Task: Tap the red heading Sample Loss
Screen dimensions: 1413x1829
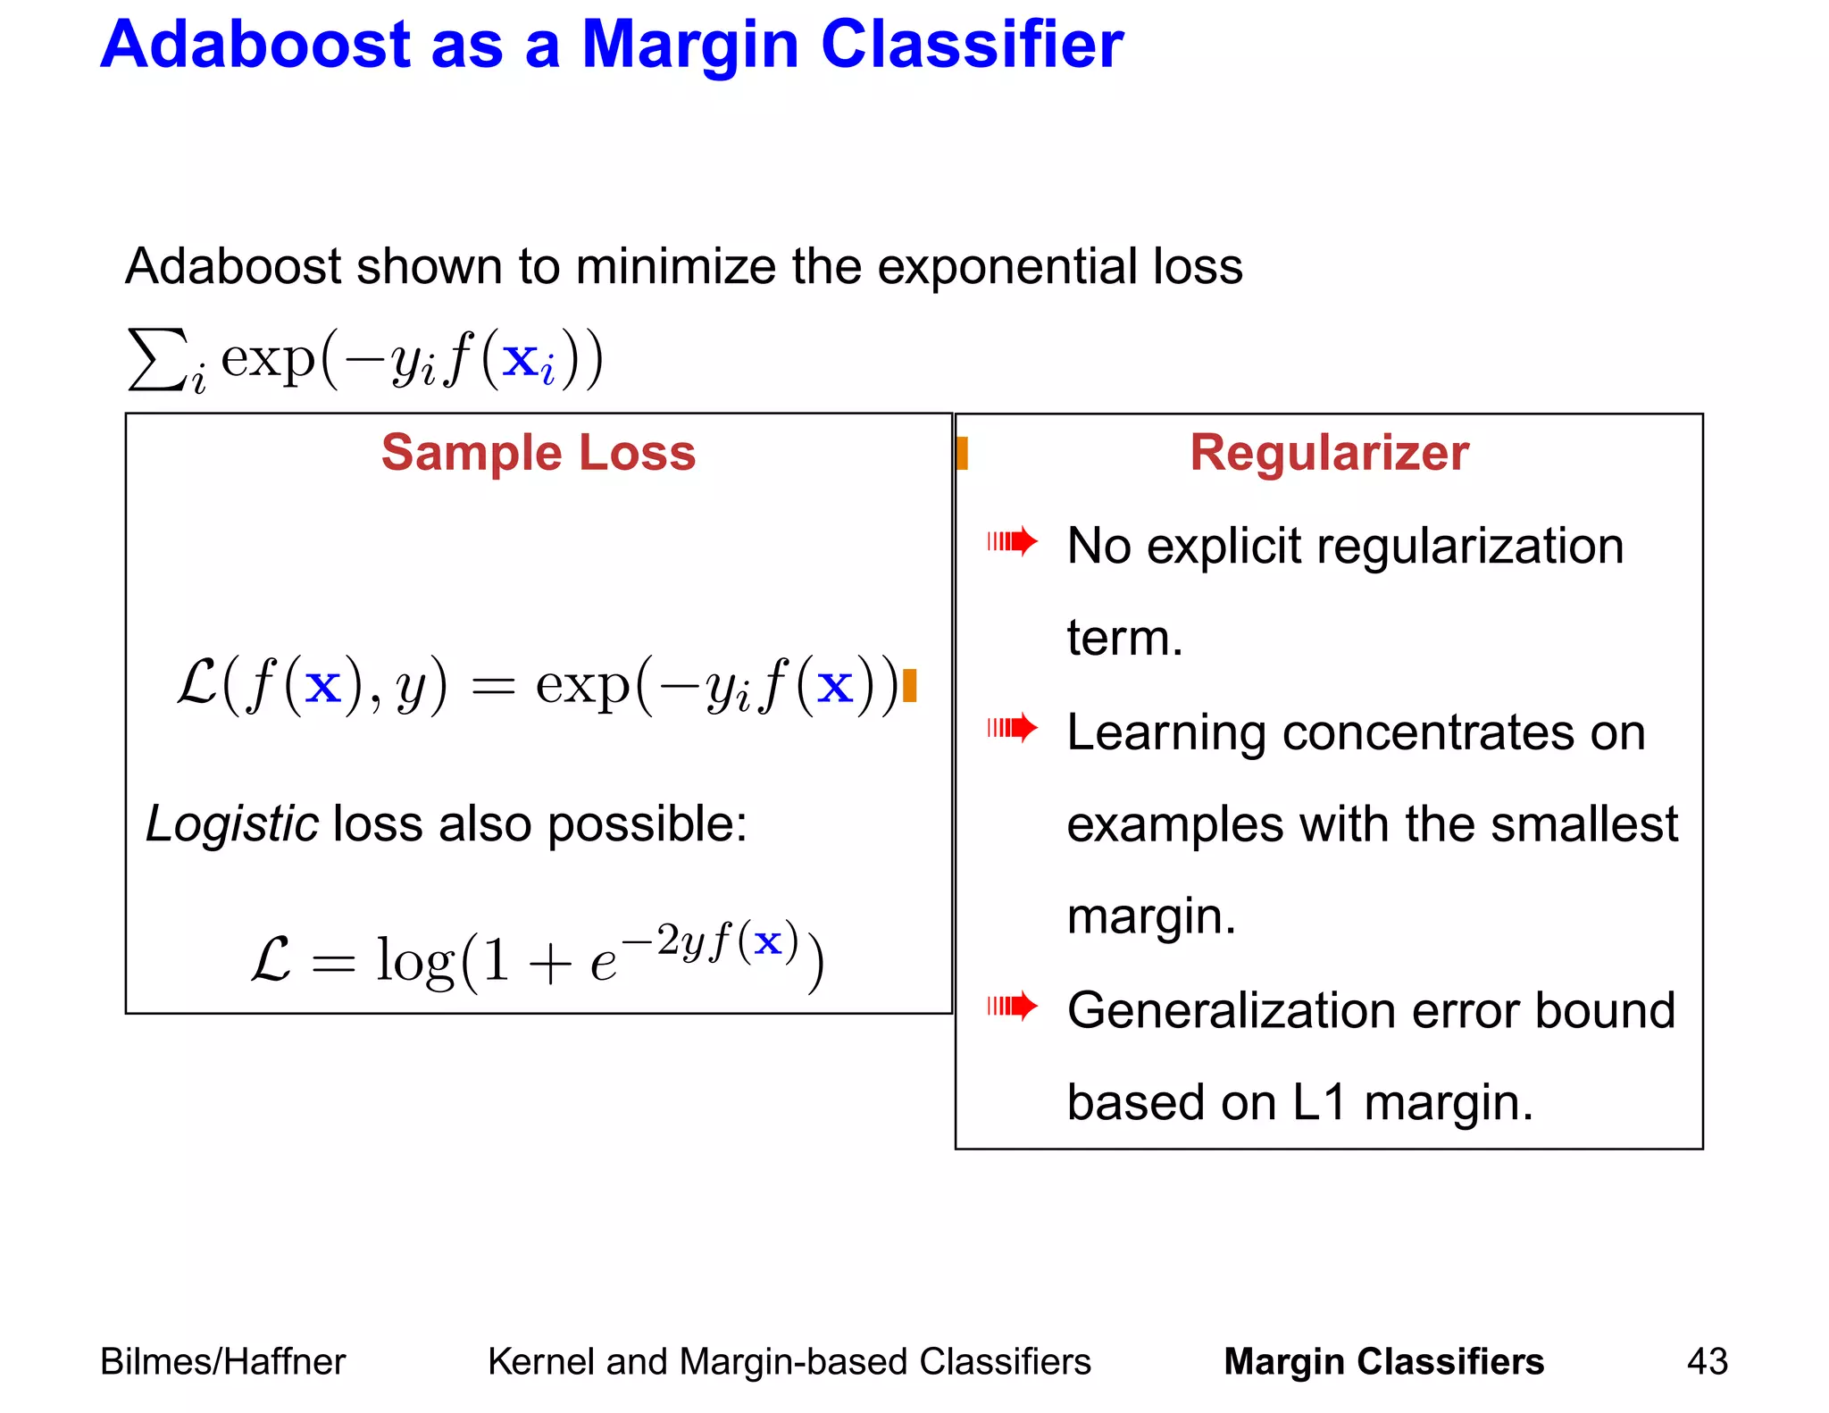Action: [x=539, y=453]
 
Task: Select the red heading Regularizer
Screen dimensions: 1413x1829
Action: [x=1329, y=453]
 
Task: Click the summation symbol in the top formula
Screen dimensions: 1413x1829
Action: [x=157, y=359]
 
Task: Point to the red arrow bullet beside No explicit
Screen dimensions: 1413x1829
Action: [x=1012, y=541]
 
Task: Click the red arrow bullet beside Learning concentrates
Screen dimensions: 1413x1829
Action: [x=1012, y=728]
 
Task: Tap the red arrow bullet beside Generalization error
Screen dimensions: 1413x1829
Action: [x=1012, y=1007]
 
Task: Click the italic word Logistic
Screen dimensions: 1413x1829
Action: [x=231, y=824]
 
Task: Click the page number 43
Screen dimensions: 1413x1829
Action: [x=1707, y=1362]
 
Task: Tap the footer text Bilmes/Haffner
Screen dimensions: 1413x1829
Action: [x=222, y=1362]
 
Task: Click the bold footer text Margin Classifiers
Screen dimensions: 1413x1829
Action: [x=1383, y=1362]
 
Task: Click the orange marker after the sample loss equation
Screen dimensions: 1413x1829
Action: [x=910, y=686]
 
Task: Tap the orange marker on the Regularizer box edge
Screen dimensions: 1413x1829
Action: [x=962, y=453]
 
